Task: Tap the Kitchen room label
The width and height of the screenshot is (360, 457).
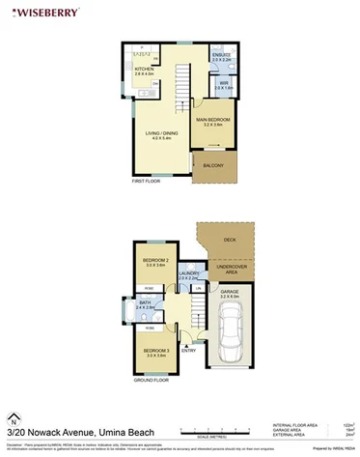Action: [x=144, y=70]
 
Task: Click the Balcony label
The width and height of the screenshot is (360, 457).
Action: [x=212, y=165]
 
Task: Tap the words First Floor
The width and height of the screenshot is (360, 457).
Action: [x=146, y=181]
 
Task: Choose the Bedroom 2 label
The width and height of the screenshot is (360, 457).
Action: [x=156, y=261]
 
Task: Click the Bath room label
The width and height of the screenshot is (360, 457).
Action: [x=146, y=303]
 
